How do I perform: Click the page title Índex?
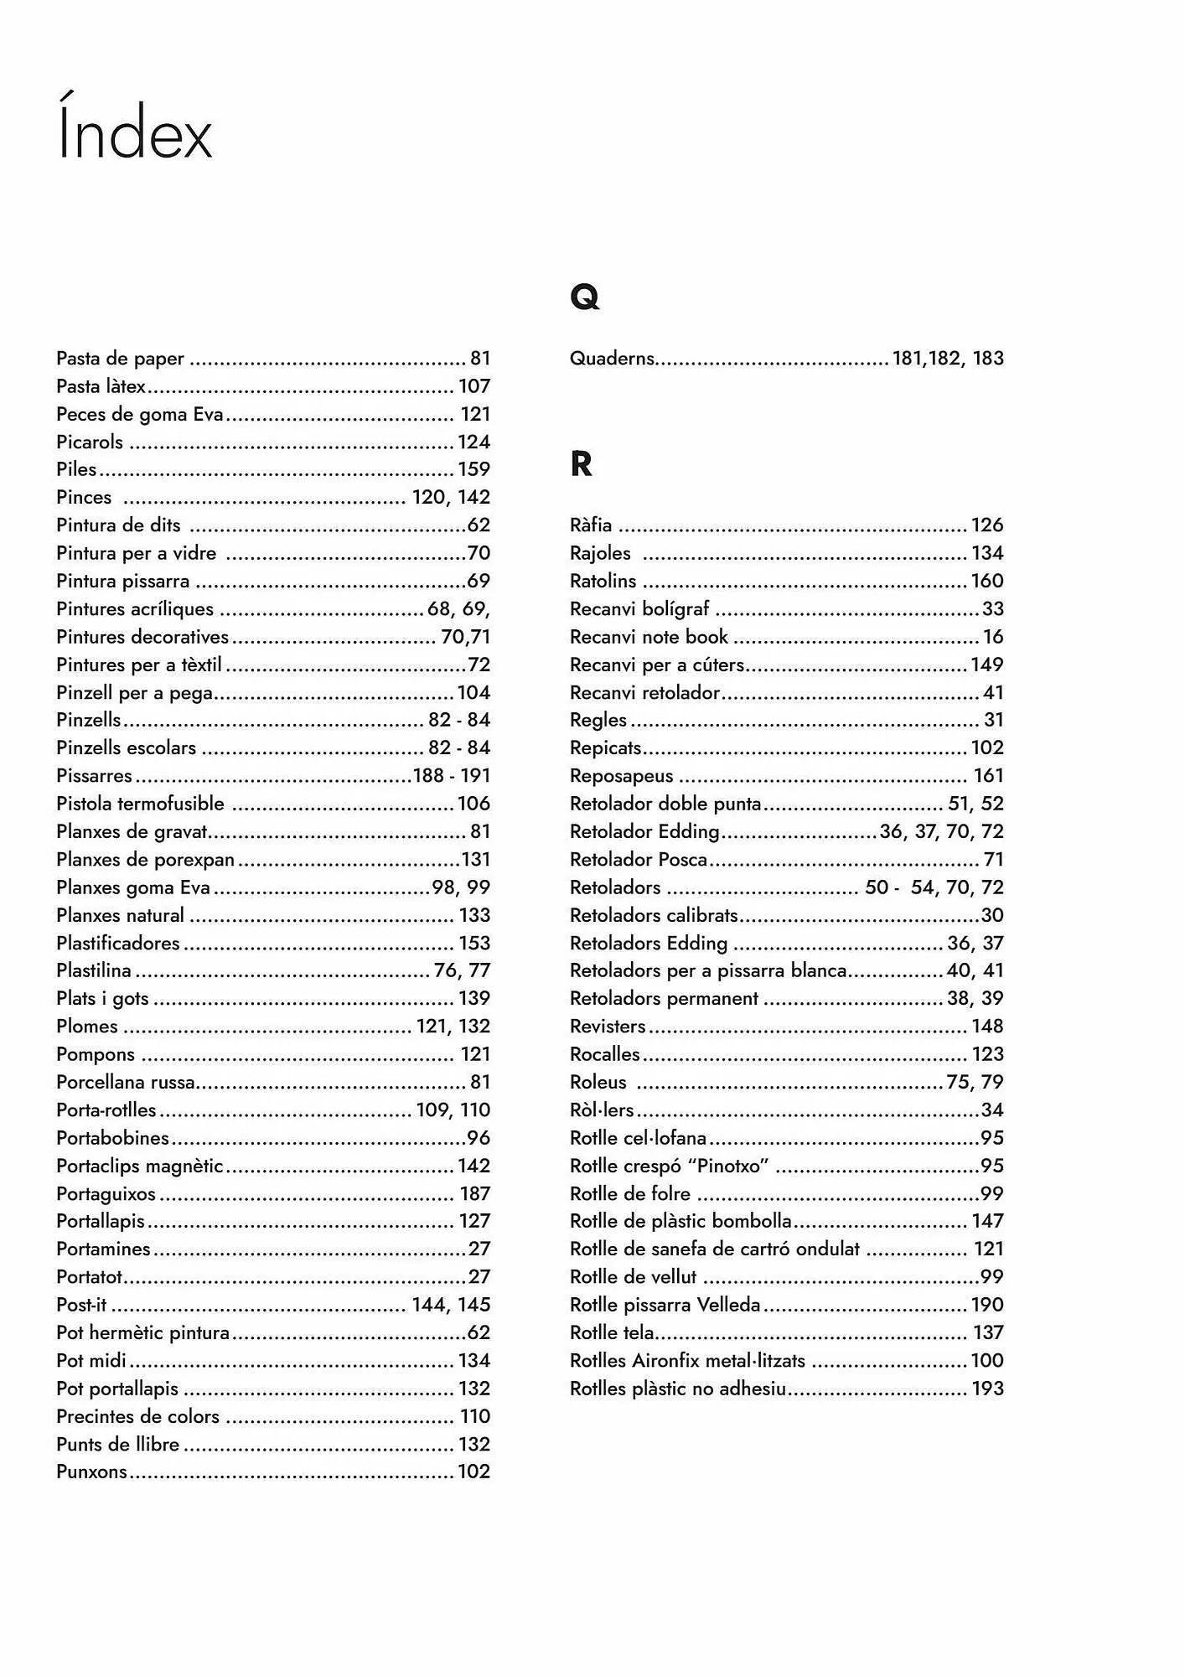click(134, 130)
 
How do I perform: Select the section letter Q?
click(584, 297)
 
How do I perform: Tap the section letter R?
click(581, 463)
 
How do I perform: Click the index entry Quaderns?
click(612, 359)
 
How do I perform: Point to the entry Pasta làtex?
click(101, 386)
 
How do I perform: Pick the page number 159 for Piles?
click(473, 469)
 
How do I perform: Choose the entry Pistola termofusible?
click(140, 804)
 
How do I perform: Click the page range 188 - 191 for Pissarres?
click(452, 776)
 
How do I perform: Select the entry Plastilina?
click(94, 970)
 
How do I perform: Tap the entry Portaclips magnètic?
click(140, 1166)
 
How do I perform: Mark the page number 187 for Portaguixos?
click(474, 1193)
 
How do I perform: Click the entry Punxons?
click(91, 1472)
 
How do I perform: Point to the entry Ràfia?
click(591, 525)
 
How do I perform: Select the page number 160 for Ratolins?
click(987, 581)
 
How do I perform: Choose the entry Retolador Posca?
click(639, 860)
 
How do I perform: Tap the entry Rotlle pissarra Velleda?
click(665, 1305)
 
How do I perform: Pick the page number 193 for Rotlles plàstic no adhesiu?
click(987, 1389)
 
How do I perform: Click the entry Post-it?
click(81, 1305)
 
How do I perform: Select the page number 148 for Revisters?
click(987, 1027)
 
